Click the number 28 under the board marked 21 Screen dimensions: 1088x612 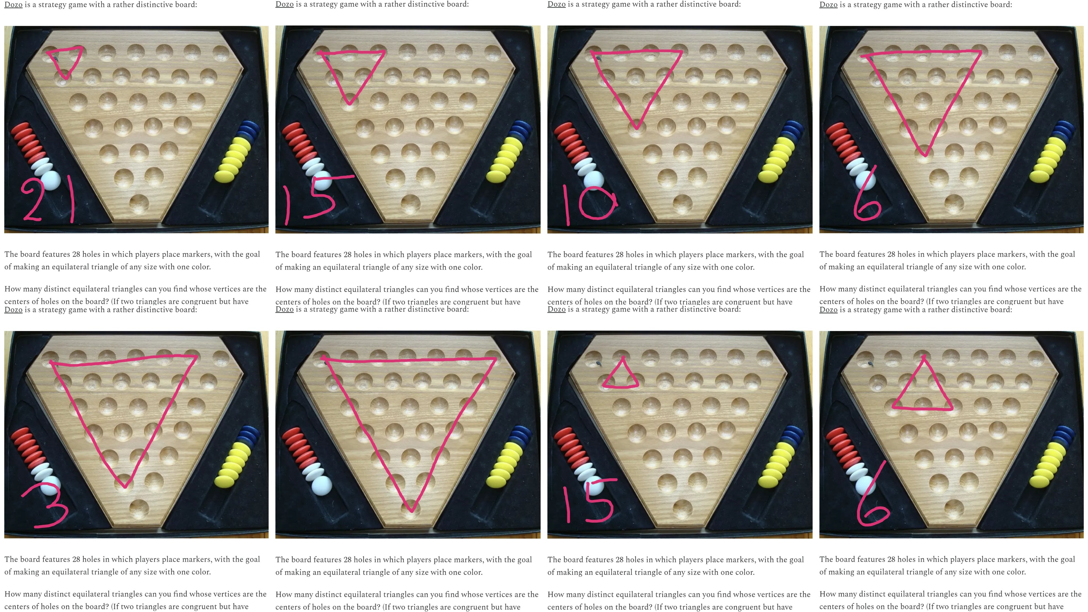pos(76,254)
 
